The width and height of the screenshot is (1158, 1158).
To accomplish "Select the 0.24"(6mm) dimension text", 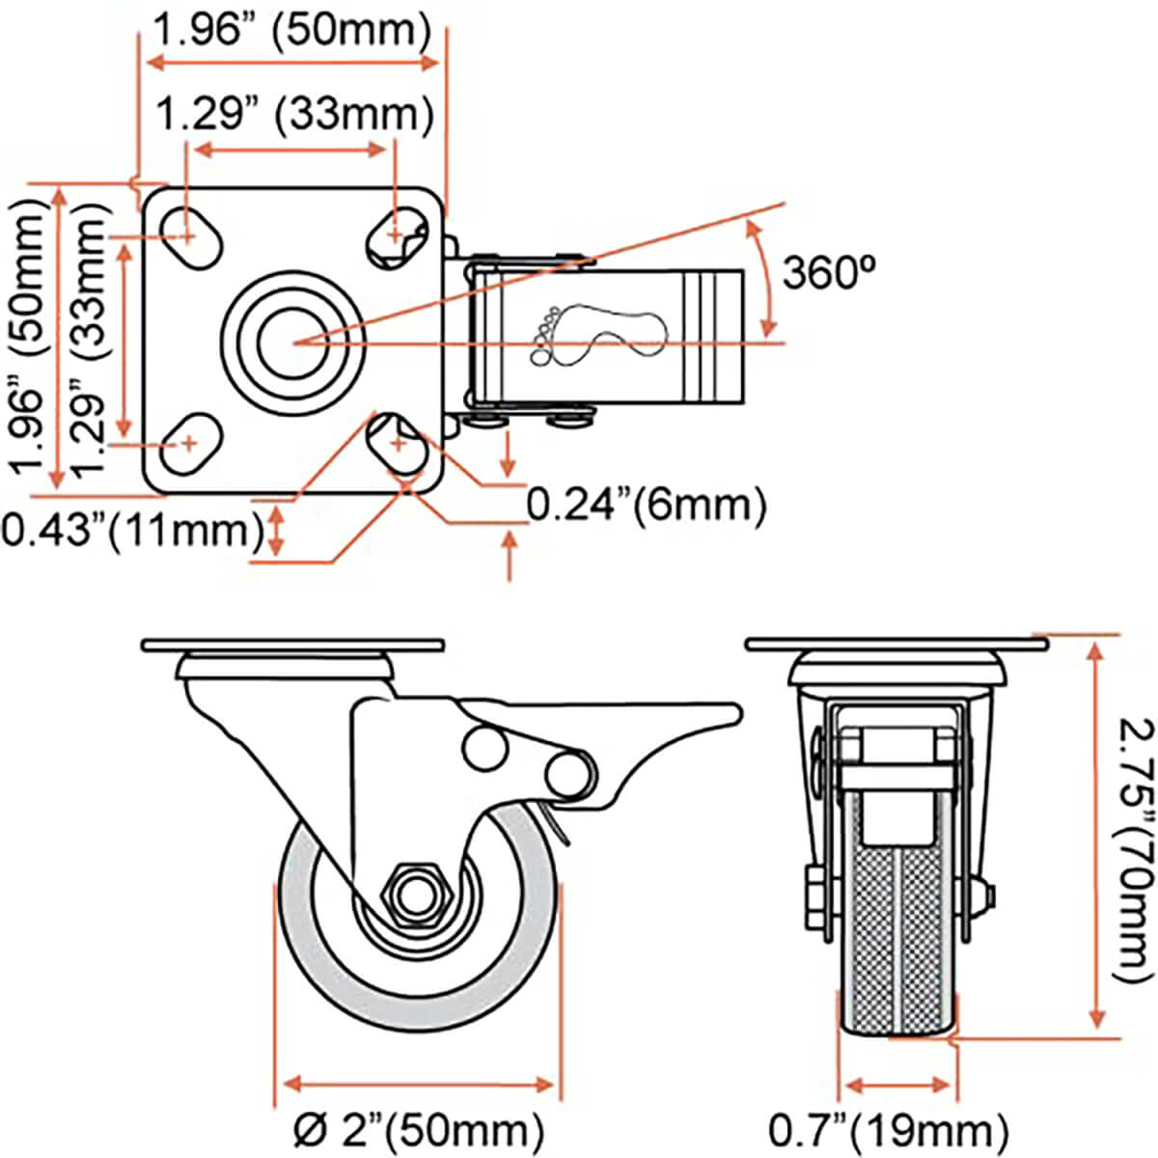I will click(647, 504).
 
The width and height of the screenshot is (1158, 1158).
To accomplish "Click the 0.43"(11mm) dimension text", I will click(132, 530).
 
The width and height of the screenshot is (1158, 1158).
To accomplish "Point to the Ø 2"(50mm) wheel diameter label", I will click(417, 1128).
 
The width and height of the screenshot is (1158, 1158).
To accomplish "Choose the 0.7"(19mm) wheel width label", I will click(888, 1128).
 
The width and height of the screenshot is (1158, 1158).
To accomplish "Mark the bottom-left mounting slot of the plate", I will click(189, 444).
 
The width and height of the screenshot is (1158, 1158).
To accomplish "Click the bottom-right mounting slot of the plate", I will click(398, 444).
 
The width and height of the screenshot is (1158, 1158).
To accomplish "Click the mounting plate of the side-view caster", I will click(292, 644).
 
